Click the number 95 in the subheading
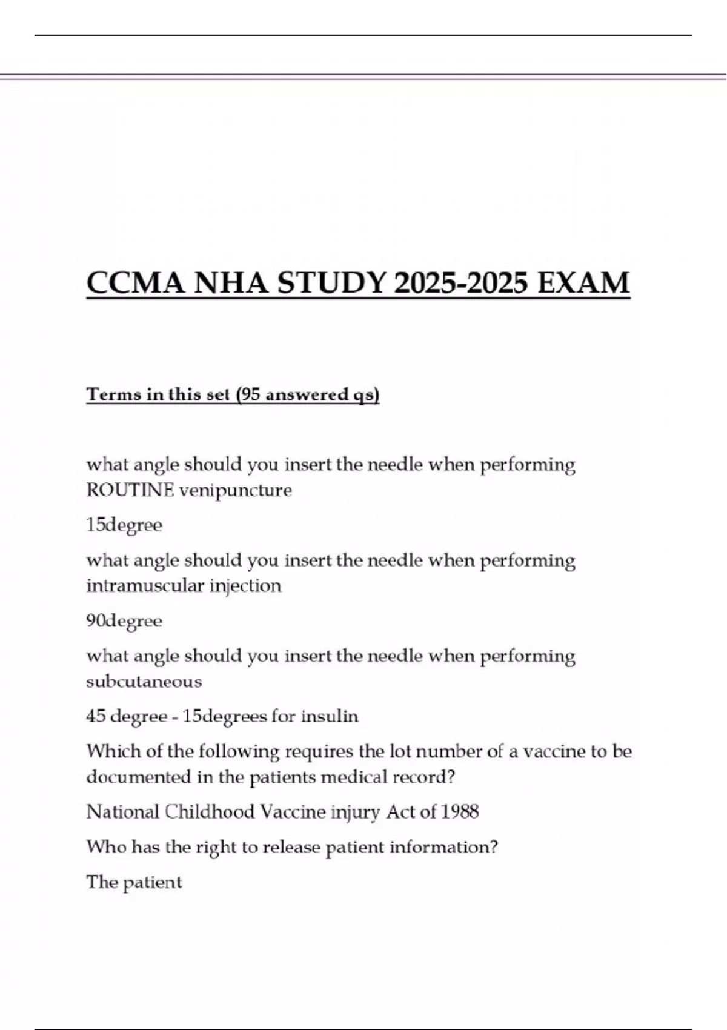coord(250,394)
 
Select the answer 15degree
coord(124,525)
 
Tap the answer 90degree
coord(124,621)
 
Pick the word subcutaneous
coord(144,682)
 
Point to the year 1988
coord(460,812)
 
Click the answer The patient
coord(134,882)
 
